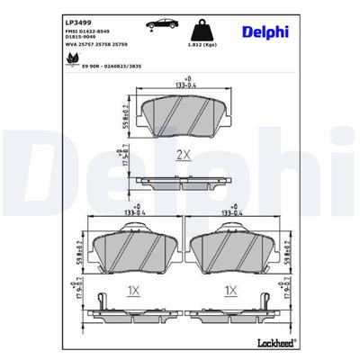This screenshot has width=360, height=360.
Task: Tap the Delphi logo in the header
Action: coord(264,32)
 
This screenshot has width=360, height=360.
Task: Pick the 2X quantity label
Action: coord(183,155)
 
